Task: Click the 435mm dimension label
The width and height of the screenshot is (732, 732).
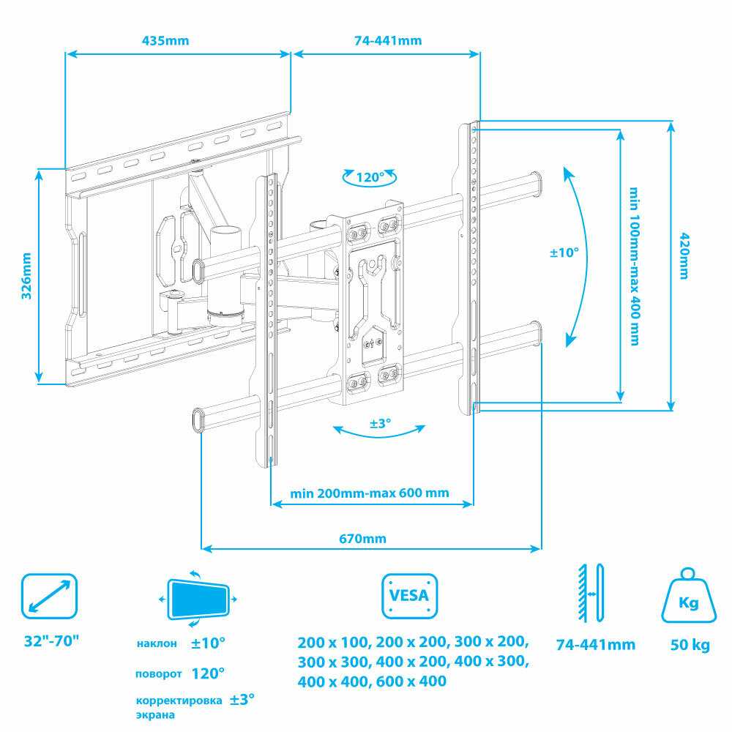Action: pos(165,40)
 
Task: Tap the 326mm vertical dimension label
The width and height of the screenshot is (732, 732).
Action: pos(26,276)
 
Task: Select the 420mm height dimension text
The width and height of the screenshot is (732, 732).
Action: pos(684,255)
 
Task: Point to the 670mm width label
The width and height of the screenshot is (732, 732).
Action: pos(363,539)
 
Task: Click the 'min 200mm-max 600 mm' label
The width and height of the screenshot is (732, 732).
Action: pos(369,493)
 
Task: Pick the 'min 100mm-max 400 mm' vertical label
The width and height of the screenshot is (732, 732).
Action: pos(634,266)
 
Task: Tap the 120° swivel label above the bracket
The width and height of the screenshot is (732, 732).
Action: pos(370,177)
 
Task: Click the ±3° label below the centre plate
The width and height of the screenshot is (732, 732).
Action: pos(381,423)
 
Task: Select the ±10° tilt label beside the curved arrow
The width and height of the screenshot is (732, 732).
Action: pos(564,253)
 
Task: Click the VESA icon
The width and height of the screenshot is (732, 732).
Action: pos(409,596)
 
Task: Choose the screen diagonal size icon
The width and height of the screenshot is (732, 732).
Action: pos(49,596)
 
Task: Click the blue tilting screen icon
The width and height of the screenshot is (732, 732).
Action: pos(198,599)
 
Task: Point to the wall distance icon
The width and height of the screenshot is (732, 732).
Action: pos(591,593)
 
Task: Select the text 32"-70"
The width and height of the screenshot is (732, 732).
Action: pos(51,641)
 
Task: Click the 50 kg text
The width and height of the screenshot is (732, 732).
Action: pos(690,645)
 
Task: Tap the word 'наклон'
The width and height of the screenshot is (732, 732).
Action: pos(157,643)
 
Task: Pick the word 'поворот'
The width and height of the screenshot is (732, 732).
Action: pos(158,673)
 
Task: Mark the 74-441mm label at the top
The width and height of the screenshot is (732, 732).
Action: pos(387,40)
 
